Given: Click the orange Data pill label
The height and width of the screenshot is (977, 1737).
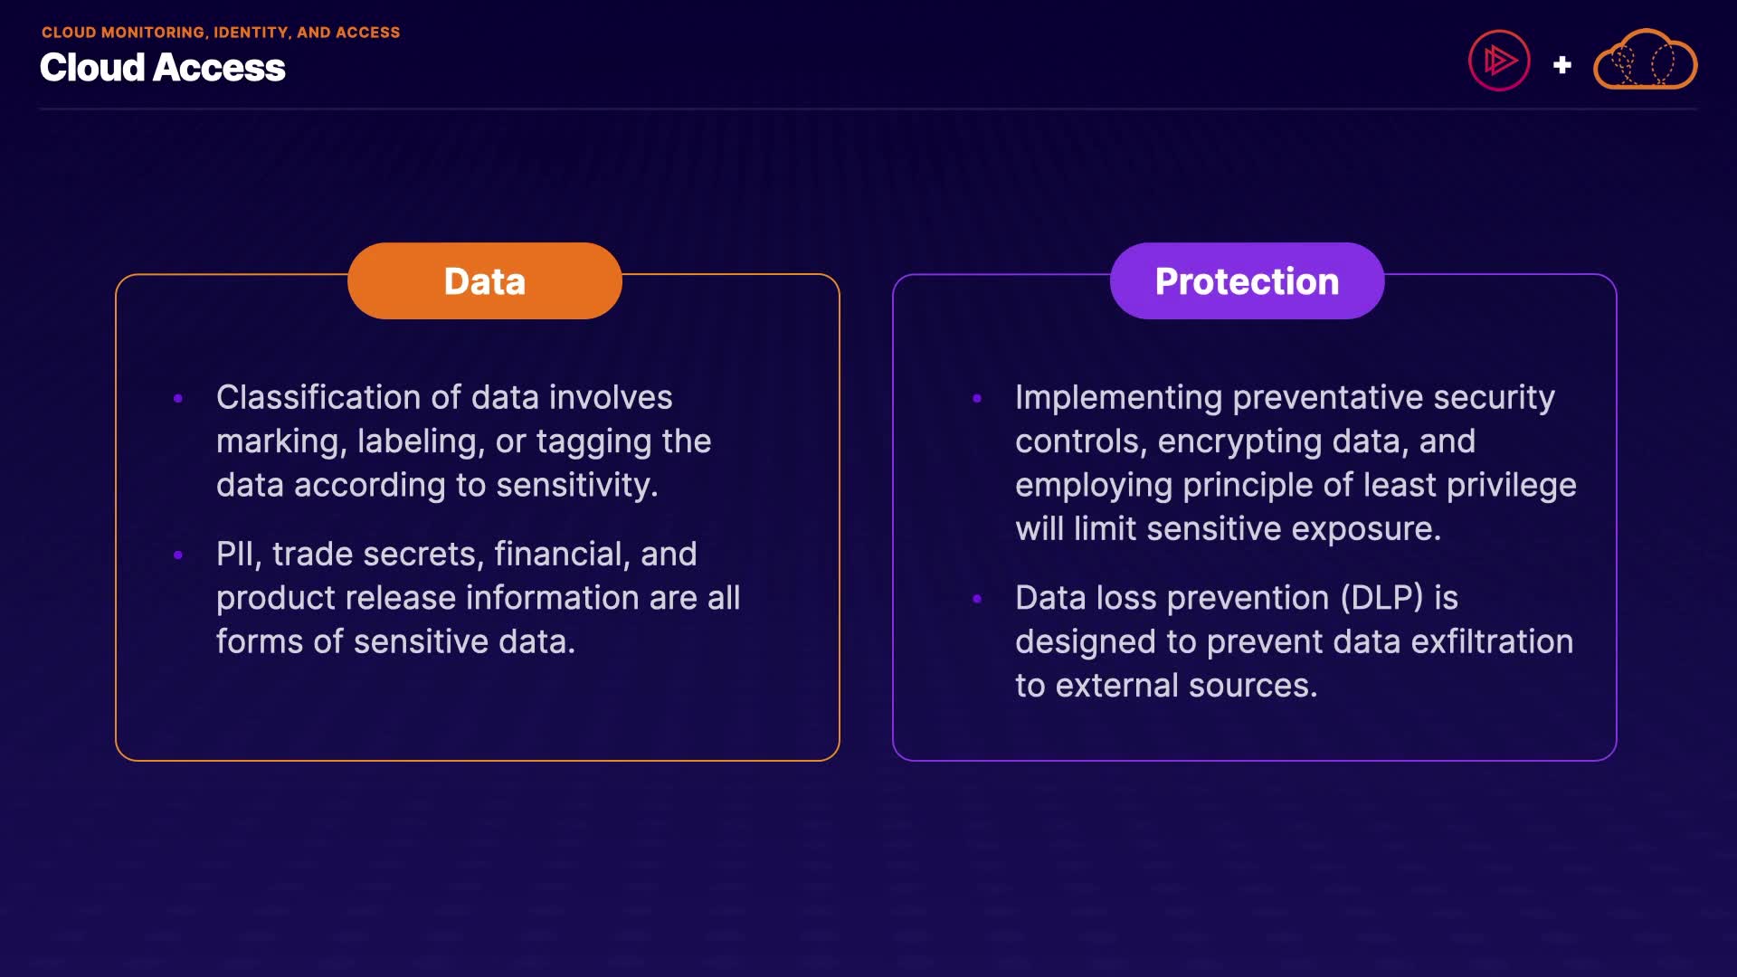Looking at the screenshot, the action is point(485,280).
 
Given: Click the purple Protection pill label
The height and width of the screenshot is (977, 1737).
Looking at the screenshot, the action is point(1247,280).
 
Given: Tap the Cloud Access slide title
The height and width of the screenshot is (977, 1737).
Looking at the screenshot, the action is point(163,68).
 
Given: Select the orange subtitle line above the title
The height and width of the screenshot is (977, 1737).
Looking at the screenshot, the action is point(221,33).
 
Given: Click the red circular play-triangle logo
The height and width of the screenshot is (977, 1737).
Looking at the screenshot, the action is point(1499,61).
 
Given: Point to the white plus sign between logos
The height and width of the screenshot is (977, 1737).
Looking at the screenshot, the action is point(1561,65).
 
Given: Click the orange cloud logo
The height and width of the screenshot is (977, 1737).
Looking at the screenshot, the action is point(1645,60).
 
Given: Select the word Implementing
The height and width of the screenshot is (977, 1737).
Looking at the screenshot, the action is point(1118,398).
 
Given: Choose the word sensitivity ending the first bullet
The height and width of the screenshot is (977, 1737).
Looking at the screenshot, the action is point(577,486).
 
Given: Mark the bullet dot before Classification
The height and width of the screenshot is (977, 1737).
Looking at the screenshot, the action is point(178,398).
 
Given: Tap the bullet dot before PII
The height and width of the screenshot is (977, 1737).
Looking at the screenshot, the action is point(178,555).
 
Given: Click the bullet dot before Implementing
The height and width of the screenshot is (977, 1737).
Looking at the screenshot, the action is point(977,398).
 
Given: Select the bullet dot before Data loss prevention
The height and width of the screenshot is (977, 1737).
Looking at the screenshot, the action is point(977,598).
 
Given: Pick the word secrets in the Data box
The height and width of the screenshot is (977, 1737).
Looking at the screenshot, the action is point(417,555).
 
